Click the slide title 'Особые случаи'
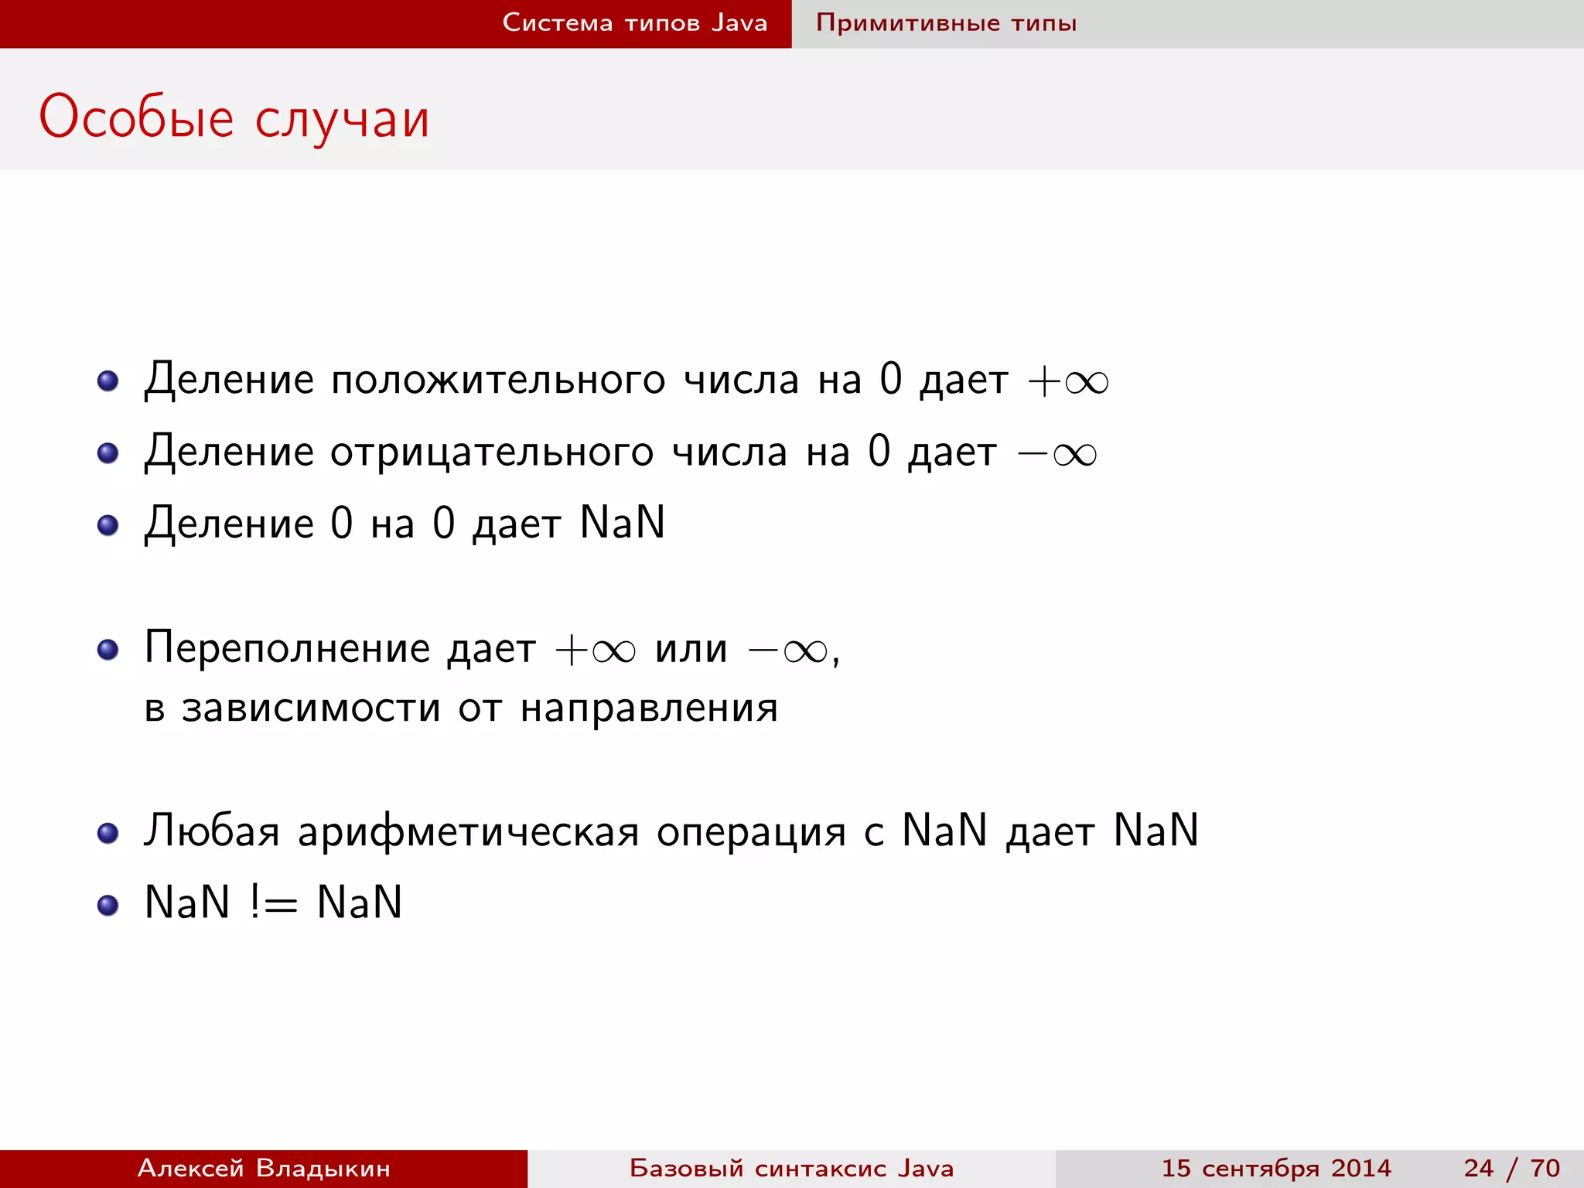tap(234, 118)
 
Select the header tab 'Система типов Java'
tap(634, 23)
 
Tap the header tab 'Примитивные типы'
tap(946, 23)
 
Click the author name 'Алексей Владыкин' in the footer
tap(264, 1168)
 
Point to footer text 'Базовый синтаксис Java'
tap(791, 1168)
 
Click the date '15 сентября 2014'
tap(1276, 1168)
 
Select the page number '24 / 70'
tap(1511, 1168)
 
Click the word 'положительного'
tap(498, 381)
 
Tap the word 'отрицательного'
tap(492, 452)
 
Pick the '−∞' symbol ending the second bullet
tap(1057, 454)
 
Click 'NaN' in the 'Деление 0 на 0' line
tap(623, 523)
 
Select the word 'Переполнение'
tap(287, 648)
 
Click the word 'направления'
tap(649, 708)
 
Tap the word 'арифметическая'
tap(469, 832)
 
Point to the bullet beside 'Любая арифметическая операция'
tap(108, 833)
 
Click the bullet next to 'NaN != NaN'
tap(108, 905)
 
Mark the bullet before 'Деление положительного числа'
tap(108, 381)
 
